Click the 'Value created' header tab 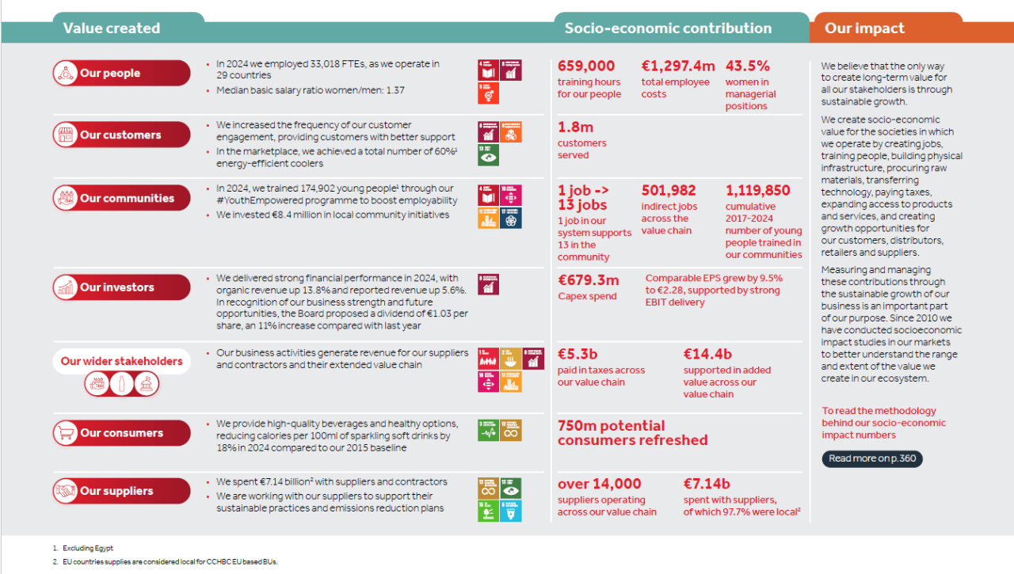112,29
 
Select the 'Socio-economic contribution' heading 668,29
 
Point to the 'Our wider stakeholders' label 121,361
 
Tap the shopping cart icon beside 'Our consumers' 65,433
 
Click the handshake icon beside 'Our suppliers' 65,491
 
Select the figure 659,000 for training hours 586,67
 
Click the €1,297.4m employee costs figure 678,67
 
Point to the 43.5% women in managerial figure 748,67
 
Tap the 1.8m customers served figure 575,127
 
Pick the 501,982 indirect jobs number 669,191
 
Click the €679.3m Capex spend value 589,280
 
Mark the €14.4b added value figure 708,354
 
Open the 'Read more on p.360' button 871,458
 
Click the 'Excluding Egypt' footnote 88,548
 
